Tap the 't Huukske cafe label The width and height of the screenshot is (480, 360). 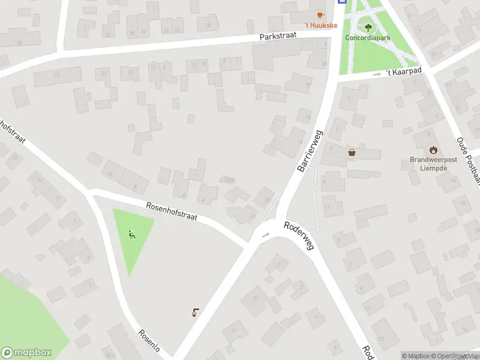pos(320,25)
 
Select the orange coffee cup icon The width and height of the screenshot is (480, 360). pos(320,15)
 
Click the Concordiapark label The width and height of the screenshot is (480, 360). pos(367,37)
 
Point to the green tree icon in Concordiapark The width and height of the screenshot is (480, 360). pos(367,26)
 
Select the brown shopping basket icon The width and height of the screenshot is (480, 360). pos(352,152)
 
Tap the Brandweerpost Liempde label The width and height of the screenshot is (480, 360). pos(434,164)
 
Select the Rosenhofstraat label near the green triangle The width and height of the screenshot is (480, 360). pos(172,213)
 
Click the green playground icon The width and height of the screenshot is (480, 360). pos(132,235)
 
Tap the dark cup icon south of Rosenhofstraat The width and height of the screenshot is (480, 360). pos(195,311)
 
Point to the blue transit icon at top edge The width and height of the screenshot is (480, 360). pos(342,2)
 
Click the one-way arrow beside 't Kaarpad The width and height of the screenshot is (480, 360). pos(377,74)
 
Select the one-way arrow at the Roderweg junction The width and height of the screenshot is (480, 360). pos(265,234)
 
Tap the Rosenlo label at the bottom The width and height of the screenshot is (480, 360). pos(151,341)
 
